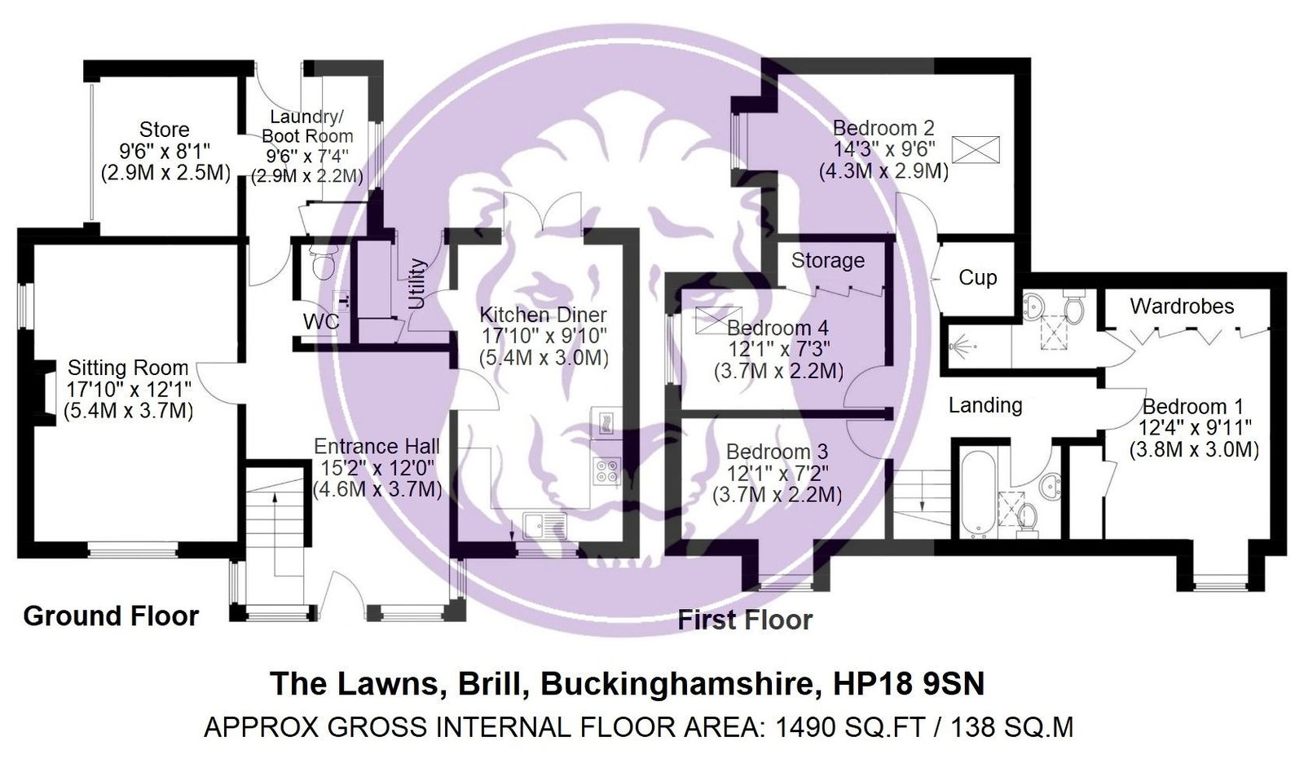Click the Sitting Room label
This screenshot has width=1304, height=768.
(x=127, y=368)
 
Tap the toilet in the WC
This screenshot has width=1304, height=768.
(x=324, y=262)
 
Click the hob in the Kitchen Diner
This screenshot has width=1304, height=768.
(x=607, y=471)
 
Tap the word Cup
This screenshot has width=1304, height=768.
(x=977, y=278)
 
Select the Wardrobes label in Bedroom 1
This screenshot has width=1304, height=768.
(x=1182, y=307)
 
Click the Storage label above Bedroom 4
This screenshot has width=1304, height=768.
(x=827, y=261)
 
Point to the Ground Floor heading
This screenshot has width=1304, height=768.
(x=111, y=616)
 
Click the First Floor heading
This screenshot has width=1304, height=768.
(x=745, y=620)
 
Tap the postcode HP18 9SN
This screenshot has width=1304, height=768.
(x=909, y=683)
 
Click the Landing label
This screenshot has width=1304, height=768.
(x=985, y=405)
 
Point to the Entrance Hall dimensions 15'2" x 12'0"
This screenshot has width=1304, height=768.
(x=377, y=468)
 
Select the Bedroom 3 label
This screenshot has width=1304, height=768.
(x=777, y=452)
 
